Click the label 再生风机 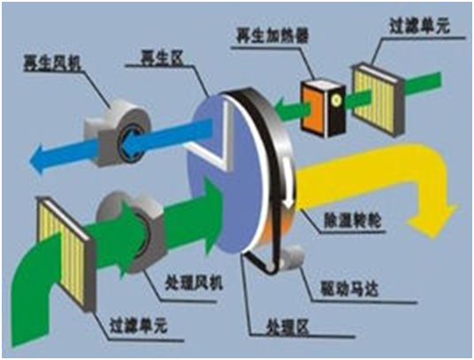pos(53,63)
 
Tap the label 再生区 pos(162,57)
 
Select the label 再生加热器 pos(272,36)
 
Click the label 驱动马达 pos(349,288)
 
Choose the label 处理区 pos(287,327)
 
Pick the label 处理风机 pos(194,283)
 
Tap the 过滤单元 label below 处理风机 pos(139,325)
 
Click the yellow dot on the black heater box pos(335,100)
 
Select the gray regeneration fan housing pos(119,132)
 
